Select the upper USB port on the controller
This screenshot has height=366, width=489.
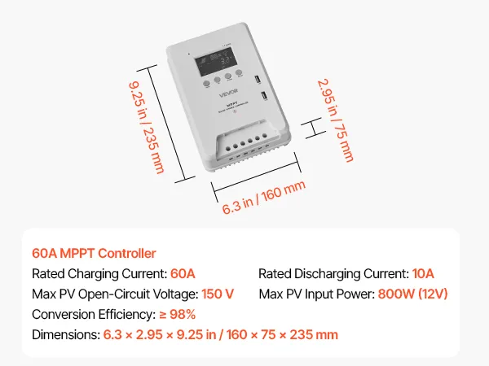click(x=258, y=81)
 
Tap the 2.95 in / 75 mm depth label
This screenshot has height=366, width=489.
click(x=335, y=120)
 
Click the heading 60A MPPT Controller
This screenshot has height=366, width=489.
click(x=94, y=254)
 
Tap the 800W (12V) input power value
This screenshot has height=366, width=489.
click(x=413, y=294)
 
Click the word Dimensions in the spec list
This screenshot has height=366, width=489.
click(x=64, y=334)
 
